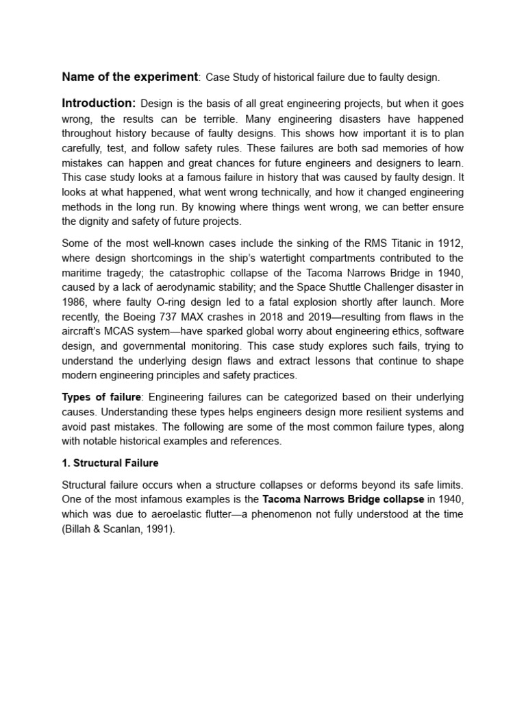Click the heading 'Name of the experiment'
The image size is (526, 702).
(129, 77)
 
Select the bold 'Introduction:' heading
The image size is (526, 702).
(99, 104)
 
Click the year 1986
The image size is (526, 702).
(75, 303)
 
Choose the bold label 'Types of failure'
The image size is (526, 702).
(101, 397)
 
